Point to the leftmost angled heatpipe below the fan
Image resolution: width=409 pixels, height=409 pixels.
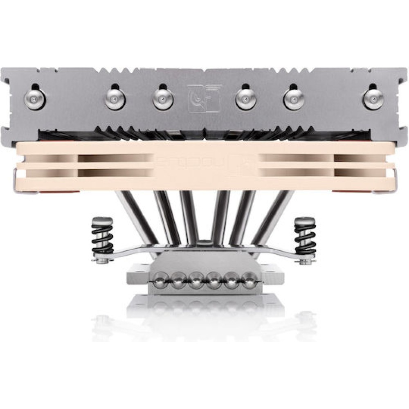[135, 217]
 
